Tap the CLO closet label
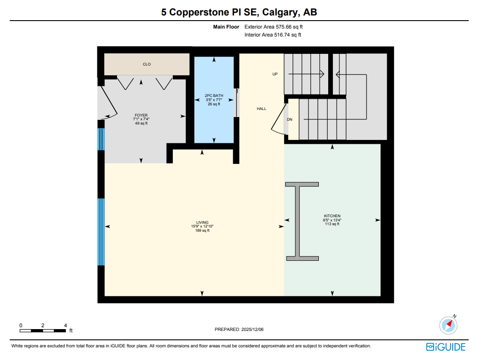[x=147, y=64]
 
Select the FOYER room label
[x=141, y=115]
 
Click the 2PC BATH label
[x=214, y=96]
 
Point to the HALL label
[x=261, y=109]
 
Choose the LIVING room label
[x=202, y=222]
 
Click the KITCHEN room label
[x=332, y=216]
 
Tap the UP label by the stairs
[x=275, y=74]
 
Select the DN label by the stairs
[x=289, y=120]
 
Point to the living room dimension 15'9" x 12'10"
[x=202, y=227]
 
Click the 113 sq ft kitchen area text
[x=332, y=224]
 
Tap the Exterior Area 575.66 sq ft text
[x=277, y=27]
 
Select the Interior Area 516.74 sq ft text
[x=272, y=35]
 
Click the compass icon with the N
[x=448, y=324]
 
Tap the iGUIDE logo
[x=446, y=347]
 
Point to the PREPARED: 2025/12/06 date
[x=239, y=330]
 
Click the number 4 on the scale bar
[x=66, y=325]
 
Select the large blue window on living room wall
[x=101, y=232]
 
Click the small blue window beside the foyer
[x=101, y=139]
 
